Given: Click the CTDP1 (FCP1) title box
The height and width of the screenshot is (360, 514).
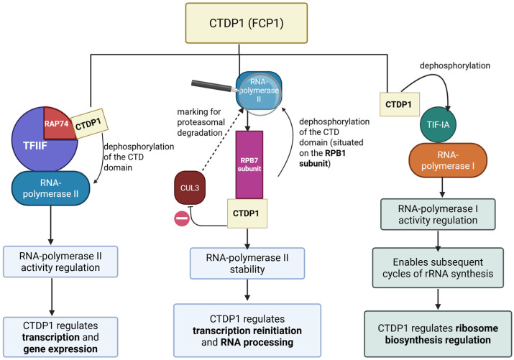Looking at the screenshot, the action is pyautogui.click(x=247, y=23).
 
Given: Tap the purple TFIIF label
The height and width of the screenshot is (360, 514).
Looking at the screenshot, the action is pyautogui.click(x=35, y=145).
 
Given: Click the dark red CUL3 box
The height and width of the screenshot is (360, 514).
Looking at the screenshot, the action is pyautogui.click(x=190, y=188).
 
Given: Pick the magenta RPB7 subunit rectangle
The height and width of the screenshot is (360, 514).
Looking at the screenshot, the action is pyautogui.click(x=249, y=165).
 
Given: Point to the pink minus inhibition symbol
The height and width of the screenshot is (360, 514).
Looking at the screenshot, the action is pyautogui.click(x=182, y=218).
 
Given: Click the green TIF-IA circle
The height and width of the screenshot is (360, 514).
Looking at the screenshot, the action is pyautogui.click(x=438, y=124).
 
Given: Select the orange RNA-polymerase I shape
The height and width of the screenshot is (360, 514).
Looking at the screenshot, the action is pyautogui.click(x=448, y=160).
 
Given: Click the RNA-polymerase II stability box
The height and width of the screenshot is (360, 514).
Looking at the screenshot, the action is pyautogui.click(x=247, y=264).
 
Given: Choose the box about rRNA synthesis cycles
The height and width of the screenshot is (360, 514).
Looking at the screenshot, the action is pyautogui.click(x=438, y=267).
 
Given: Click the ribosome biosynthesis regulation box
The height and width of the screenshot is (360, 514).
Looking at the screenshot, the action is pyautogui.click(x=438, y=334).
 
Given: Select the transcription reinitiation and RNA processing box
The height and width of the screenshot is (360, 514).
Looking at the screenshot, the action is pyautogui.click(x=247, y=331).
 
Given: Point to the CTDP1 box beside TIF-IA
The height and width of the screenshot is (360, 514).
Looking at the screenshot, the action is pyautogui.click(x=400, y=104).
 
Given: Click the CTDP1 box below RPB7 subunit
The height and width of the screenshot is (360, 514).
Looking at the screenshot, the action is pyautogui.click(x=247, y=213).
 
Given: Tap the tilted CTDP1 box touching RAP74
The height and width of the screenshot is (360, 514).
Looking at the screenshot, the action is pyautogui.click(x=89, y=124).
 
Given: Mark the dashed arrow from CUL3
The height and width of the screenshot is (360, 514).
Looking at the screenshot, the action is pyautogui.click(x=222, y=140).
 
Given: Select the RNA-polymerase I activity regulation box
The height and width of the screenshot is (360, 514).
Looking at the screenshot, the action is pyautogui.click(x=438, y=214).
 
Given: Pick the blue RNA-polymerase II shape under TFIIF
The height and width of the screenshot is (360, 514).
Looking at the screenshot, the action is pyautogui.click(x=51, y=188).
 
